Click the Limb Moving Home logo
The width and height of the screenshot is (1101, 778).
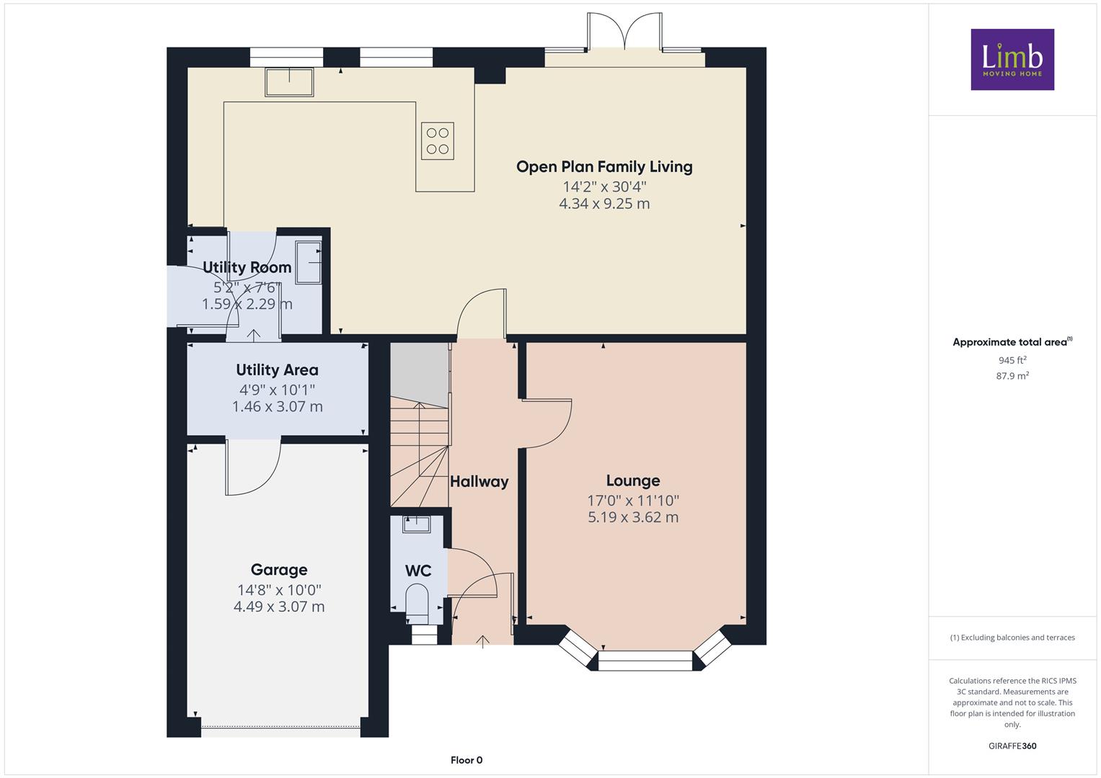click(x=1012, y=59)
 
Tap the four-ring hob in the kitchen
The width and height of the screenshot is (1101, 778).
click(x=438, y=141)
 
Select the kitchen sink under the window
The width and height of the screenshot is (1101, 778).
click(x=290, y=82)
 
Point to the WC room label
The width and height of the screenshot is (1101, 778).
click(x=418, y=571)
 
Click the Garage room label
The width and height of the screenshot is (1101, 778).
click(x=279, y=570)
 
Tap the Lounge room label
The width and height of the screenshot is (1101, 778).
click(x=633, y=480)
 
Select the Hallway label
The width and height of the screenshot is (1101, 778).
click(x=479, y=482)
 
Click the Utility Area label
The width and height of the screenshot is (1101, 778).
click(x=277, y=370)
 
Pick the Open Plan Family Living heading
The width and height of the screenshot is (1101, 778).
click(x=604, y=167)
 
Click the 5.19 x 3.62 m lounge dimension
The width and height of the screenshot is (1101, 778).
click(x=633, y=517)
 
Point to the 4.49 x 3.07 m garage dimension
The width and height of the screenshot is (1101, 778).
click(x=279, y=607)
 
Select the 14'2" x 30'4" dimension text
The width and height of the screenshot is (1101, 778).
click(x=604, y=187)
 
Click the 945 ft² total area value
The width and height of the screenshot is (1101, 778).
click(x=1012, y=360)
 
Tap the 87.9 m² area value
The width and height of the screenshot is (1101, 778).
click(x=1012, y=376)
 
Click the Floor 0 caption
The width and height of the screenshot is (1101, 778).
click(x=467, y=760)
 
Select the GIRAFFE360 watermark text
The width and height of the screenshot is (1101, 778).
click(x=1012, y=746)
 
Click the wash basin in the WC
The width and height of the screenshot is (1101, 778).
click(x=416, y=524)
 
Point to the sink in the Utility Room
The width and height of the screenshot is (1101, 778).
click(x=309, y=262)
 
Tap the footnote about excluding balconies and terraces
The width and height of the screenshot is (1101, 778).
click(x=1012, y=638)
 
